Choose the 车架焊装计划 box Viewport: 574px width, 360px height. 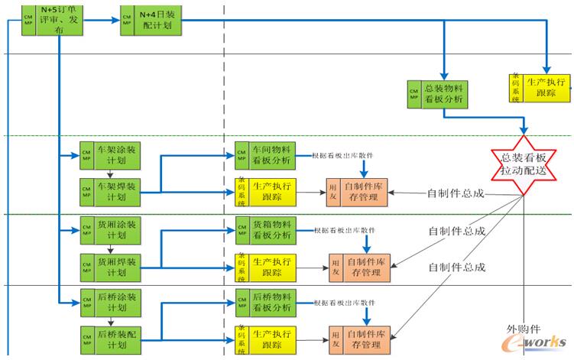pos(114,190)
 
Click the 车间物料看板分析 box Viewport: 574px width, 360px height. pos(271,155)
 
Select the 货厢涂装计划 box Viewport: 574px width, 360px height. pos(114,230)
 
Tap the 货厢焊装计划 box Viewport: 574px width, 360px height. pos(114,266)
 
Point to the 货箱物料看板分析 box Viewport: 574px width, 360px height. pos(271,230)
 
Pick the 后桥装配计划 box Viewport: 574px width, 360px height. pos(114,339)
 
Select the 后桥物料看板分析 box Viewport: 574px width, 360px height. pos(271,304)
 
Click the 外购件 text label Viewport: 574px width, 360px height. pos(524,329)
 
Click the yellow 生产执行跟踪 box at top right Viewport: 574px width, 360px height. pos(547,87)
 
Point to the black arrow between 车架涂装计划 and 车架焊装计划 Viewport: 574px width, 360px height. pos(109,173)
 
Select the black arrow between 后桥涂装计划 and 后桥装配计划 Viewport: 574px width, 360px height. pos(109,322)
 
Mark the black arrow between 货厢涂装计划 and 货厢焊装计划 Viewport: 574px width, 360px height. pos(109,248)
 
